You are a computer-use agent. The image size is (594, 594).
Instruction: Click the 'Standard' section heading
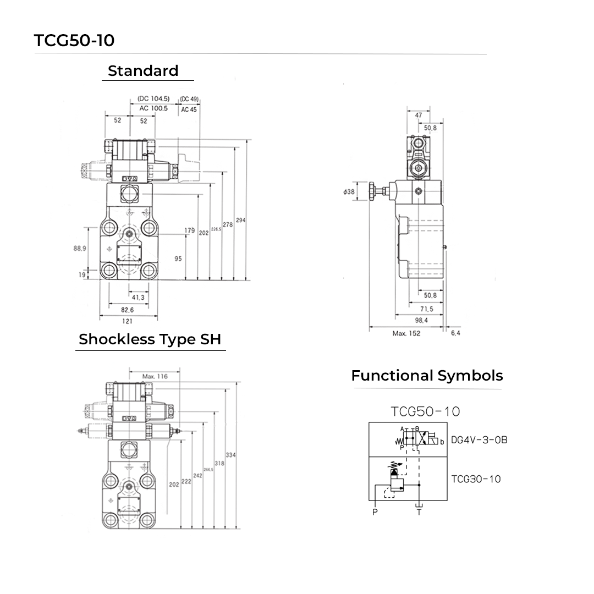tap(143, 71)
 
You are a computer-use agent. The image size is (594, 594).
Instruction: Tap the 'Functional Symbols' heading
tap(427, 376)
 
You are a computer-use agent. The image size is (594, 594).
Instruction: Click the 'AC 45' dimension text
tap(189, 109)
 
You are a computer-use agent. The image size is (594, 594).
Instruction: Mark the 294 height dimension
tap(241, 220)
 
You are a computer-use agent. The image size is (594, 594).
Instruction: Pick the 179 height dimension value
tap(190, 230)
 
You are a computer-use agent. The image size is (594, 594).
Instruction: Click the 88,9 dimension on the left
tap(80, 249)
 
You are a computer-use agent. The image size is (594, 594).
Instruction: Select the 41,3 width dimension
tap(138, 298)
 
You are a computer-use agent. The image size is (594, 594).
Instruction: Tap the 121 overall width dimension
tap(127, 322)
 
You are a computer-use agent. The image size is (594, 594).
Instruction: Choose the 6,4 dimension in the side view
tap(455, 333)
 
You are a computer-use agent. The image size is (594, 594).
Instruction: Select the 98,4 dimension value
tap(421, 320)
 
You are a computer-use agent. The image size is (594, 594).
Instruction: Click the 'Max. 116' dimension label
tap(155, 376)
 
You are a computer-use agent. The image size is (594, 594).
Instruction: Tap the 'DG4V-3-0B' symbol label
tap(479, 440)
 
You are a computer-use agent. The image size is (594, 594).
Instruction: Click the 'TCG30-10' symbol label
tap(476, 479)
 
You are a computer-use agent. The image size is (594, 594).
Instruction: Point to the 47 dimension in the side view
tap(419, 116)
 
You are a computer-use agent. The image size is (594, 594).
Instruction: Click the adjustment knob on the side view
tap(375, 191)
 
